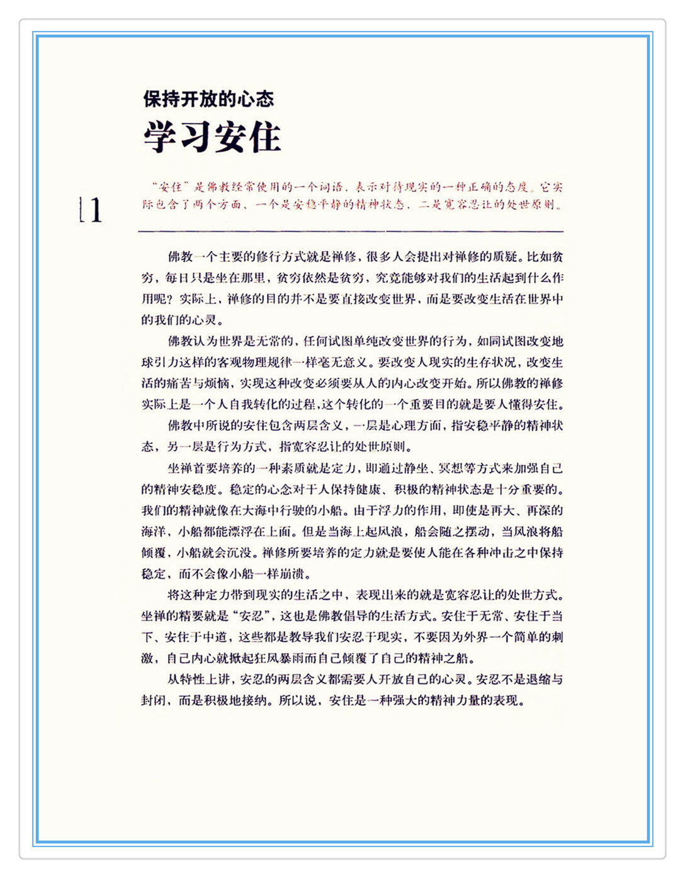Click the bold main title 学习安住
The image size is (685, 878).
[x=212, y=137]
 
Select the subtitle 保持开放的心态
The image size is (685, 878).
[x=208, y=99]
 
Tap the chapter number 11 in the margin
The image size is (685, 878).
[x=91, y=210]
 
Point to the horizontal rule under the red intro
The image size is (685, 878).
[x=351, y=232]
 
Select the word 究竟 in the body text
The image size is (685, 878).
[x=388, y=278]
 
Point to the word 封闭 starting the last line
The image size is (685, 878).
[x=153, y=700]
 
